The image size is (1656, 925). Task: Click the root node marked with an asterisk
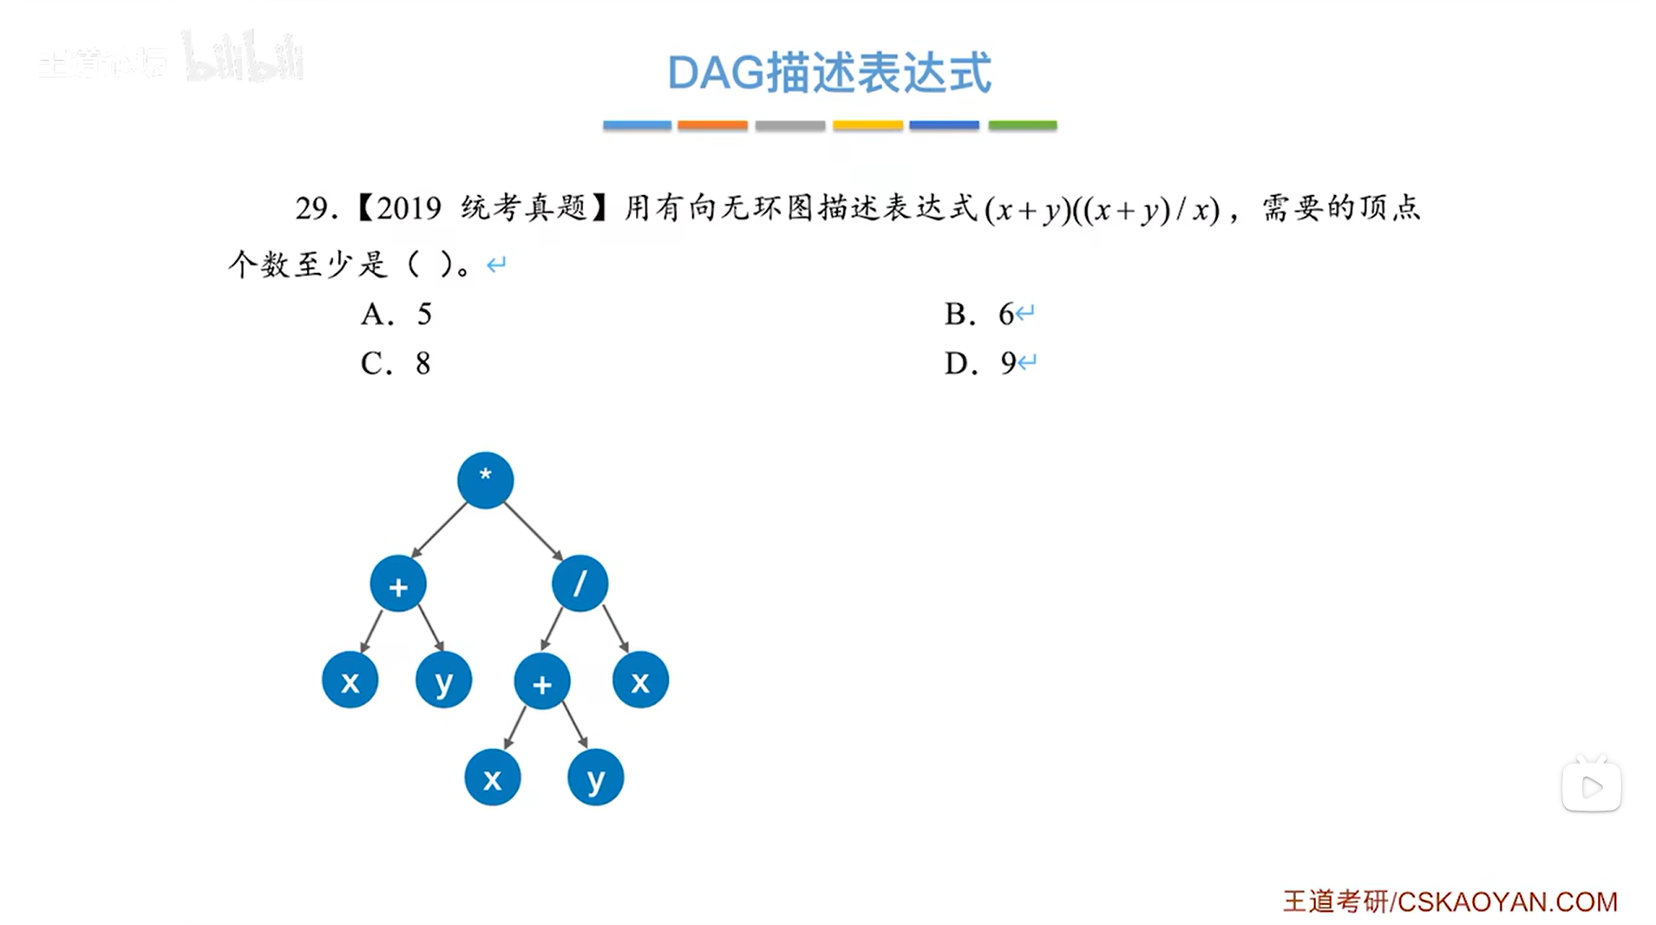485,479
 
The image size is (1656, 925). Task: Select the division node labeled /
579,583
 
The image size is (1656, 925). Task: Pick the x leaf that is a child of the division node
640,681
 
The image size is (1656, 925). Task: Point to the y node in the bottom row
595,778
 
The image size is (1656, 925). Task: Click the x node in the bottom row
492,778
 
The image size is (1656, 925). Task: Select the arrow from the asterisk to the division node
533,531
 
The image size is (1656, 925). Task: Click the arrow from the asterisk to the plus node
439,530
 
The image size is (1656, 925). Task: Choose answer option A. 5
396,314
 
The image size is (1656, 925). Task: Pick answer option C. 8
396,363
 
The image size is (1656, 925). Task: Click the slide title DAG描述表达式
828,72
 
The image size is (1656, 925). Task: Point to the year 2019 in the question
409,209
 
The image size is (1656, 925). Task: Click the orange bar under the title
712,126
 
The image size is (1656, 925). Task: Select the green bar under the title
1022,126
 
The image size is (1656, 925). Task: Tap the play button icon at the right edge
1591,786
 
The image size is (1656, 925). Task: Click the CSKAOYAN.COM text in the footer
1508,902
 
